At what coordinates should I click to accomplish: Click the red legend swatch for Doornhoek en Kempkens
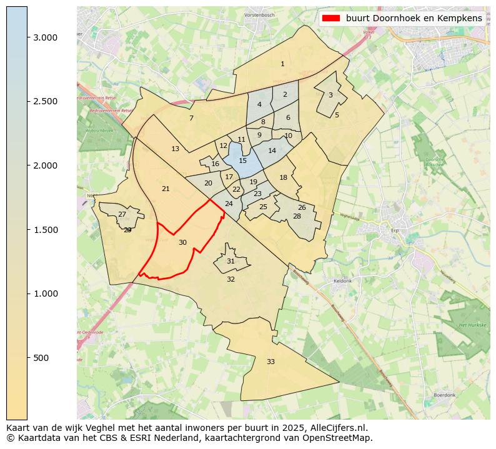[x=330, y=18]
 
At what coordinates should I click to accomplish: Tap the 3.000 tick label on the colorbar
[x=46, y=37]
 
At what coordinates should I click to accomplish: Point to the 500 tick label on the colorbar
[x=42, y=358]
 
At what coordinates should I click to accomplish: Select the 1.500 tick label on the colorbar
[x=46, y=230]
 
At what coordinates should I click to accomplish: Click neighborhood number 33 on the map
[x=270, y=362]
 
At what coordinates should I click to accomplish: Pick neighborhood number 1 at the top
[x=282, y=64]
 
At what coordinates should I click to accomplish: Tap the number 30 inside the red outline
[x=182, y=242]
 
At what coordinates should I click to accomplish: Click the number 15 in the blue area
[x=243, y=160]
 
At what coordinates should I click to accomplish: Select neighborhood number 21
[x=166, y=189]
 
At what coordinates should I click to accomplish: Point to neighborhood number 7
[x=191, y=118]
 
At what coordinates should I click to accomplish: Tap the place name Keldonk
[x=343, y=281]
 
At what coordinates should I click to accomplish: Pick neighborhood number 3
[x=330, y=95]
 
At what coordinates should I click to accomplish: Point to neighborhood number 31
[x=231, y=261]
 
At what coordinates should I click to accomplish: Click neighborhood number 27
[x=122, y=214]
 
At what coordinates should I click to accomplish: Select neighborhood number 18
[x=284, y=177]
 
